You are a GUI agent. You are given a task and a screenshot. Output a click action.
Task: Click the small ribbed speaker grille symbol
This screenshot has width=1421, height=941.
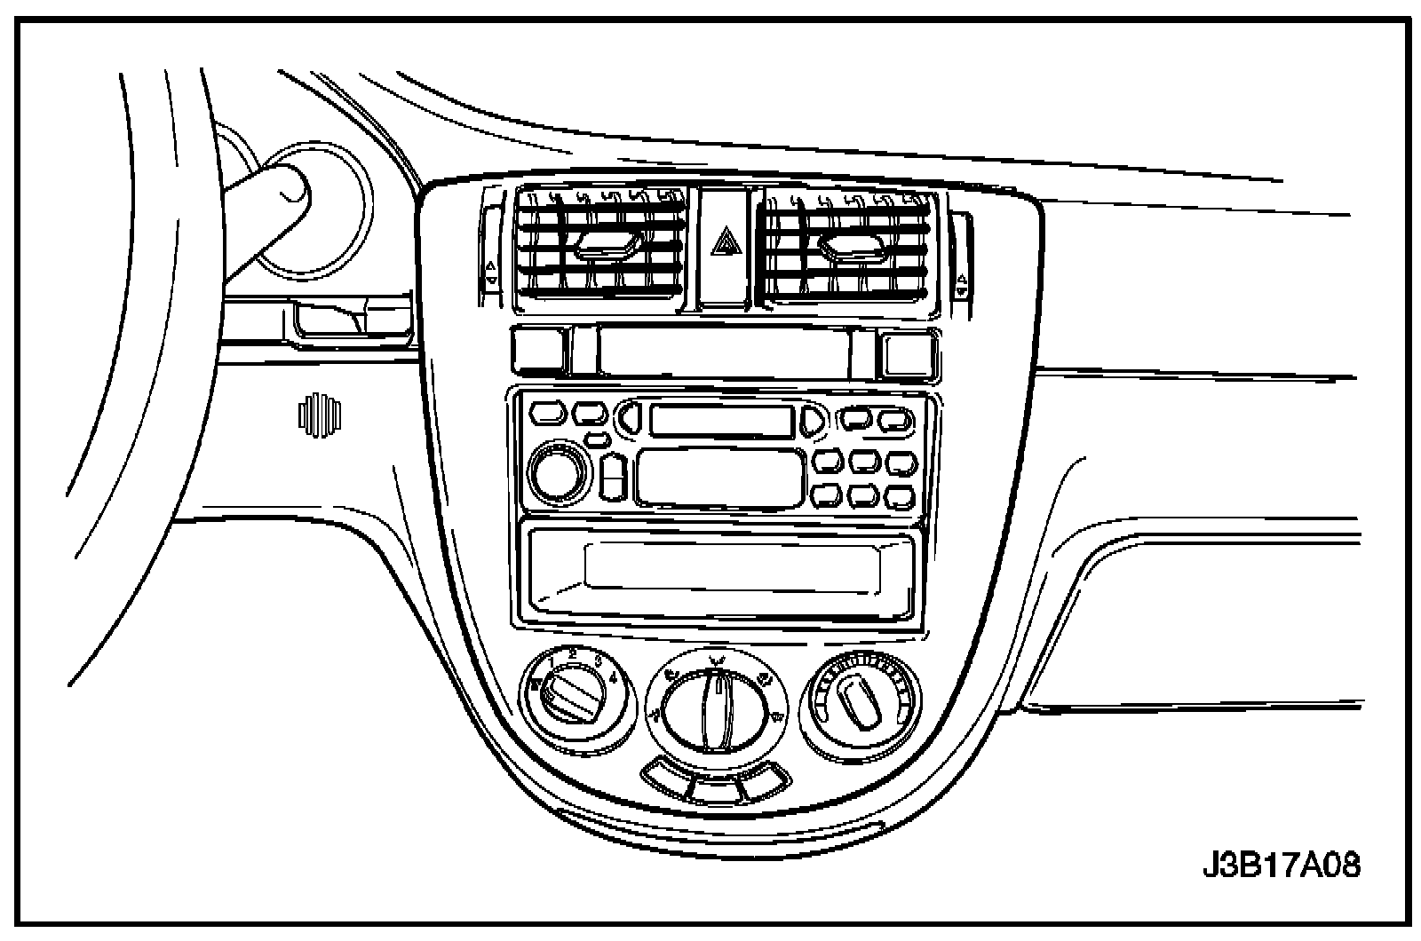point(320,414)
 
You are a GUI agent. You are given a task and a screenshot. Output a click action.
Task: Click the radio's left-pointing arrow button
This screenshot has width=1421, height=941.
point(629,419)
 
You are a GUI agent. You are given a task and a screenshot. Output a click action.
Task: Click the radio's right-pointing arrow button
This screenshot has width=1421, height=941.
point(812,420)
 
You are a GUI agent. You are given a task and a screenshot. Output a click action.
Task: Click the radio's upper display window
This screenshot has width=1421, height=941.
point(720,419)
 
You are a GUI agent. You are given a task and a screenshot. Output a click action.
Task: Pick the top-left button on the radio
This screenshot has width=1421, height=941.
point(547,413)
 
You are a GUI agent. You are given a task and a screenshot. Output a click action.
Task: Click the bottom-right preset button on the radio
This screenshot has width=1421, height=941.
point(899,494)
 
